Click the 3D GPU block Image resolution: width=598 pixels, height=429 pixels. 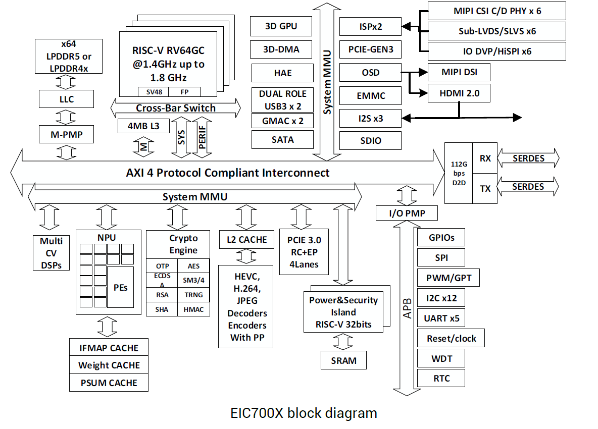[x=281, y=26]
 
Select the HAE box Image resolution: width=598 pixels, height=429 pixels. [x=282, y=73]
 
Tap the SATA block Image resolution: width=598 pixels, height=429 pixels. [x=282, y=139]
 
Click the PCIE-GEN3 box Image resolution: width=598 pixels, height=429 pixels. [x=370, y=49]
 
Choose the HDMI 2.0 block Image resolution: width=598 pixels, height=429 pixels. [x=459, y=93]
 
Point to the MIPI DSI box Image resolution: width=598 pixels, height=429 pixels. [x=459, y=72]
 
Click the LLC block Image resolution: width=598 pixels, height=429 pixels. [x=66, y=99]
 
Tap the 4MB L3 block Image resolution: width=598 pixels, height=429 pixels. [x=141, y=126]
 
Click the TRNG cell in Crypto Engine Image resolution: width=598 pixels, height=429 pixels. [x=193, y=295]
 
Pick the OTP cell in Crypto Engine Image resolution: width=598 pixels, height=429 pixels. [x=162, y=266]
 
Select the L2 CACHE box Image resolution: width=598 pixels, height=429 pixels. [x=246, y=240]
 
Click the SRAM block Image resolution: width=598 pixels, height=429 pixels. [x=343, y=360]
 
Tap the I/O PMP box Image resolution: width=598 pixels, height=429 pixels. [x=407, y=213]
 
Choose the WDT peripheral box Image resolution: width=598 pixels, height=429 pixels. [x=441, y=359]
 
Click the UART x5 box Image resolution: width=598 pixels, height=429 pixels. [x=441, y=318]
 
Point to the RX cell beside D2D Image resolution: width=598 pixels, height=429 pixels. [x=485, y=158]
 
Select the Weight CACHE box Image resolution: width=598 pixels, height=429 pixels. [x=109, y=365]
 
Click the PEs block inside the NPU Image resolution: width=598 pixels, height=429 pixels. [x=121, y=287]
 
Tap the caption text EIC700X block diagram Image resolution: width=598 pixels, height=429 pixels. [x=304, y=413]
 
